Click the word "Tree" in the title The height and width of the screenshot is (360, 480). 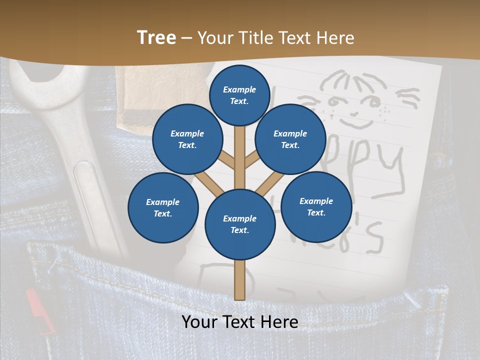point(156,37)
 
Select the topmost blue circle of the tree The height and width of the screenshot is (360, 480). point(239,95)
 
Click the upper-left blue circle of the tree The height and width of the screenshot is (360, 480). point(187,139)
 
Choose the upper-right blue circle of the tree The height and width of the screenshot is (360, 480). point(290,139)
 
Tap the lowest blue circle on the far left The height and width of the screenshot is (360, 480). point(163,208)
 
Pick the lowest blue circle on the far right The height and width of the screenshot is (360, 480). point(316,207)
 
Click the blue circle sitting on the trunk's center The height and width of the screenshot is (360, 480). point(240,224)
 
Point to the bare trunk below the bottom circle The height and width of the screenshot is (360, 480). point(240,280)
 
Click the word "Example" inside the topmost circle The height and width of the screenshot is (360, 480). point(239,90)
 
